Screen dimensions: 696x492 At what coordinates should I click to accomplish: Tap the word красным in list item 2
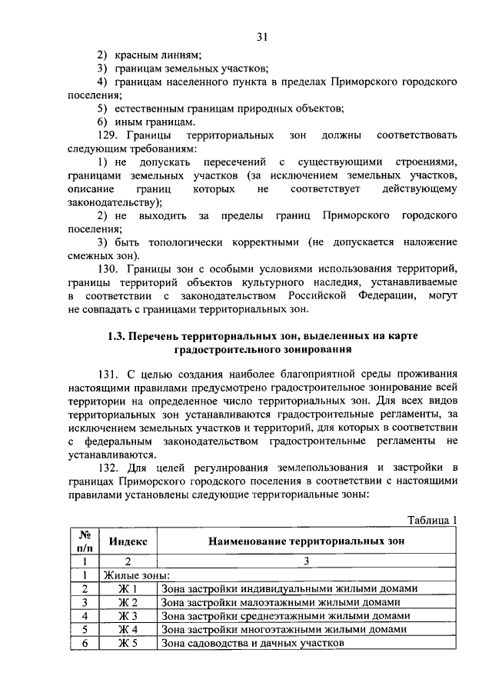(x=136, y=55)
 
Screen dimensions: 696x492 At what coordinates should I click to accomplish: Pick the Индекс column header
(x=128, y=541)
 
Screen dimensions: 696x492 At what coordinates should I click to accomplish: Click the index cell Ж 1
(x=128, y=589)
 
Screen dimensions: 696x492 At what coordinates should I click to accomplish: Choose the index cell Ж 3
(x=128, y=617)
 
